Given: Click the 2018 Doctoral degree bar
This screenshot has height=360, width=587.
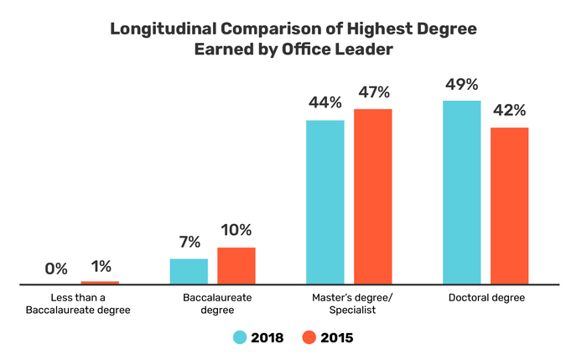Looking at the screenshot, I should [462, 192].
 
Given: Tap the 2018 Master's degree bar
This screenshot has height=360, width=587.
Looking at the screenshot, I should [325, 202].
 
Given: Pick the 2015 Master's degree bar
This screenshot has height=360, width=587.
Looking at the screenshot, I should [372, 196].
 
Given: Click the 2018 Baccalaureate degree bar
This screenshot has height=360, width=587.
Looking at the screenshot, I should [189, 271].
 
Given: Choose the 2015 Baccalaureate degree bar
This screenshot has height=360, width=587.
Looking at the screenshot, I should [236, 266].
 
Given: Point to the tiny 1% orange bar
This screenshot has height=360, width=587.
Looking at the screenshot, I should [100, 283].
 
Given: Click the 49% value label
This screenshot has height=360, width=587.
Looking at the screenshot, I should [461, 84].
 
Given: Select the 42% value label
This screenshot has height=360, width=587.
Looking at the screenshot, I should [509, 111].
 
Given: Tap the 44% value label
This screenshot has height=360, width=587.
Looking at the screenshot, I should [325, 103].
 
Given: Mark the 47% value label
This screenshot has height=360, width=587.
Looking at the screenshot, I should [372, 92].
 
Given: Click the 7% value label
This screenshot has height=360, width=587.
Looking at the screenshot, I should [189, 243].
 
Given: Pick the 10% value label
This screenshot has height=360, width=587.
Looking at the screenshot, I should [236, 230].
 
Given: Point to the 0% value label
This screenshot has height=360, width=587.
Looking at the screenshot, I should [56, 269].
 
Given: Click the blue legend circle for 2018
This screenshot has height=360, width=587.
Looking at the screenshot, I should [240, 337].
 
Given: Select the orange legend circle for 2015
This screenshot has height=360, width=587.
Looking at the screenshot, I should [308, 337].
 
